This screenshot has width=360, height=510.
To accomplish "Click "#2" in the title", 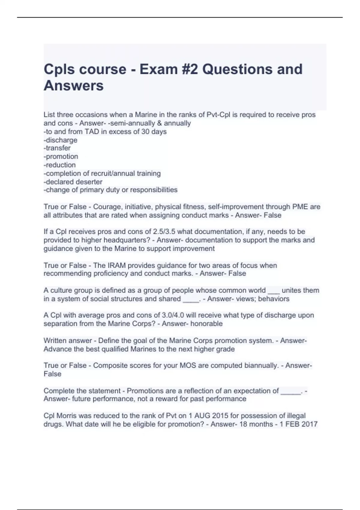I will tap(190, 69).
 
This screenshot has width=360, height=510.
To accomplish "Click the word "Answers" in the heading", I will tap(73, 85).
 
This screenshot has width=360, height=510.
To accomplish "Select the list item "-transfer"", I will tap(57, 148).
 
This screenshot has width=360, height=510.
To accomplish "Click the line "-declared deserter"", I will tap(73, 182).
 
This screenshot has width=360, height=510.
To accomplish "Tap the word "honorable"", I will tap(206, 324).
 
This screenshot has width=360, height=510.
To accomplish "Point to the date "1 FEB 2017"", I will tap(298, 424).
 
